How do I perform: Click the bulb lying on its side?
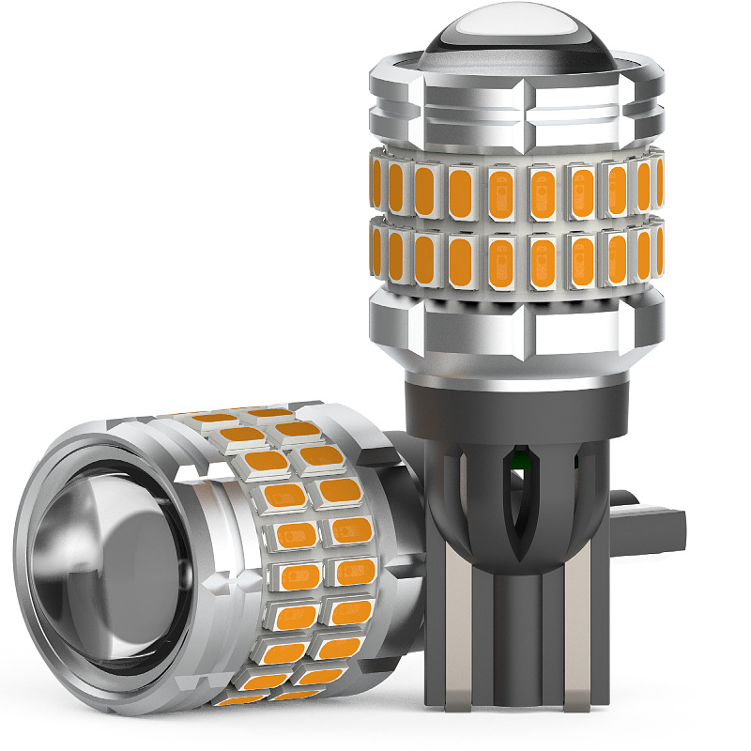point(207,563)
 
